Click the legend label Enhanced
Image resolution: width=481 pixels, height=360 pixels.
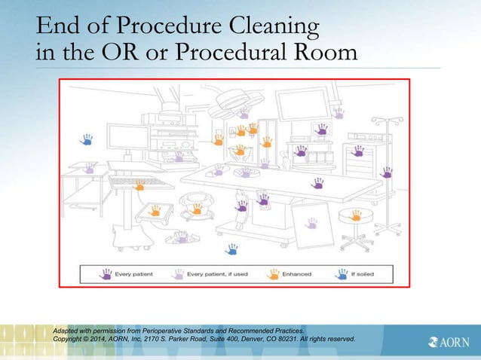click(x=296, y=274)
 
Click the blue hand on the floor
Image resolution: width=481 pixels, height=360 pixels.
click(x=231, y=249)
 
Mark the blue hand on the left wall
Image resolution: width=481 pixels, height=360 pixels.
click(x=87, y=139)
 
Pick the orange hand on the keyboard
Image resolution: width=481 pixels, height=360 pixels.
click(x=139, y=184)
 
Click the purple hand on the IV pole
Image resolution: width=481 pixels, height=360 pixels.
click(x=385, y=172)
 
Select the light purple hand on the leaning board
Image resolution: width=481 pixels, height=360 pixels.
click(x=310, y=223)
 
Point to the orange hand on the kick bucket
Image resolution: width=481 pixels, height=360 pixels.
click(x=155, y=210)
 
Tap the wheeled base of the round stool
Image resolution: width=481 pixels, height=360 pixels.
click(x=355, y=241)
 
